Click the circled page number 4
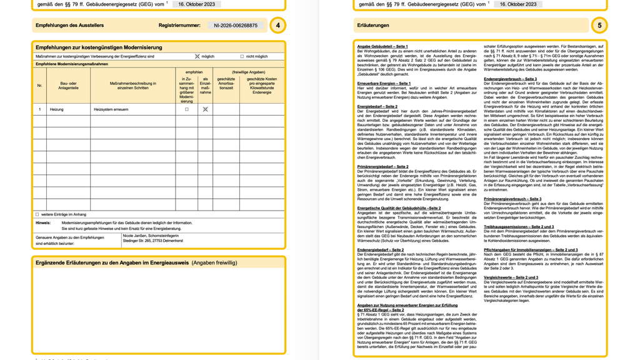click(x=277, y=26)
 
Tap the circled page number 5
click(x=599, y=26)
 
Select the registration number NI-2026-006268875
click(x=236, y=26)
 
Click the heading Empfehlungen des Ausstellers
click(x=70, y=26)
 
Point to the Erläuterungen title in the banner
click(x=373, y=26)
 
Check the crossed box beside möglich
click(x=197, y=56)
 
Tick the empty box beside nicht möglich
click(x=242, y=56)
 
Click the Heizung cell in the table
click(x=56, y=109)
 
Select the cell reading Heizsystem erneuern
click(x=112, y=109)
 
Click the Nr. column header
click(x=39, y=86)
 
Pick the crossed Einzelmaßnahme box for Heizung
click(x=205, y=109)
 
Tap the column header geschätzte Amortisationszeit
click(x=226, y=84)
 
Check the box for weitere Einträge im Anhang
click(x=37, y=214)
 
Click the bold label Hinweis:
click(x=43, y=222)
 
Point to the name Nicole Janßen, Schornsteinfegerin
click(x=150, y=236)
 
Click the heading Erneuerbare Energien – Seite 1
click(x=384, y=83)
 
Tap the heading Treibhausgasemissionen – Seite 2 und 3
click(x=519, y=227)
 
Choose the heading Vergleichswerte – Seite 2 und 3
click(x=511, y=277)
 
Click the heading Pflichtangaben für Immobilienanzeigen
click(x=531, y=249)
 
